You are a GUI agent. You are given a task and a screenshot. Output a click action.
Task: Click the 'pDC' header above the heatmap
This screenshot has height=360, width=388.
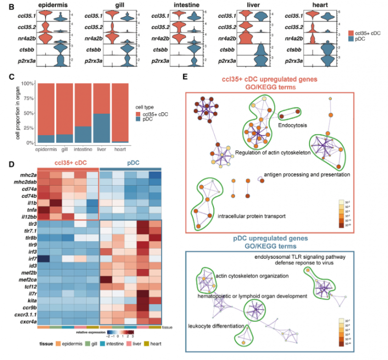[x=129, y=166]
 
